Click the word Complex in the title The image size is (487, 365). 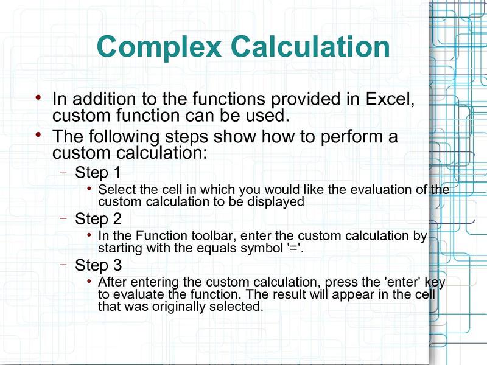point(159,47)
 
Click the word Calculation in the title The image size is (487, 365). point(310,46)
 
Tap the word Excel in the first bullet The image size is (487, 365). point(390,99)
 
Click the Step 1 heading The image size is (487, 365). point(97,173)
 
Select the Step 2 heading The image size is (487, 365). point(98,219)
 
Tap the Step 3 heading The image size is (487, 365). point(98,265)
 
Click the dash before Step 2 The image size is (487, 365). point(64,218)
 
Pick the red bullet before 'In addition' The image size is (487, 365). point(38,98)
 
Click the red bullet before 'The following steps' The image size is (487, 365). point(38,135)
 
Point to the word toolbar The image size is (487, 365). point(214,236)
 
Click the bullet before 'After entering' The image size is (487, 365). point(89,281)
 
